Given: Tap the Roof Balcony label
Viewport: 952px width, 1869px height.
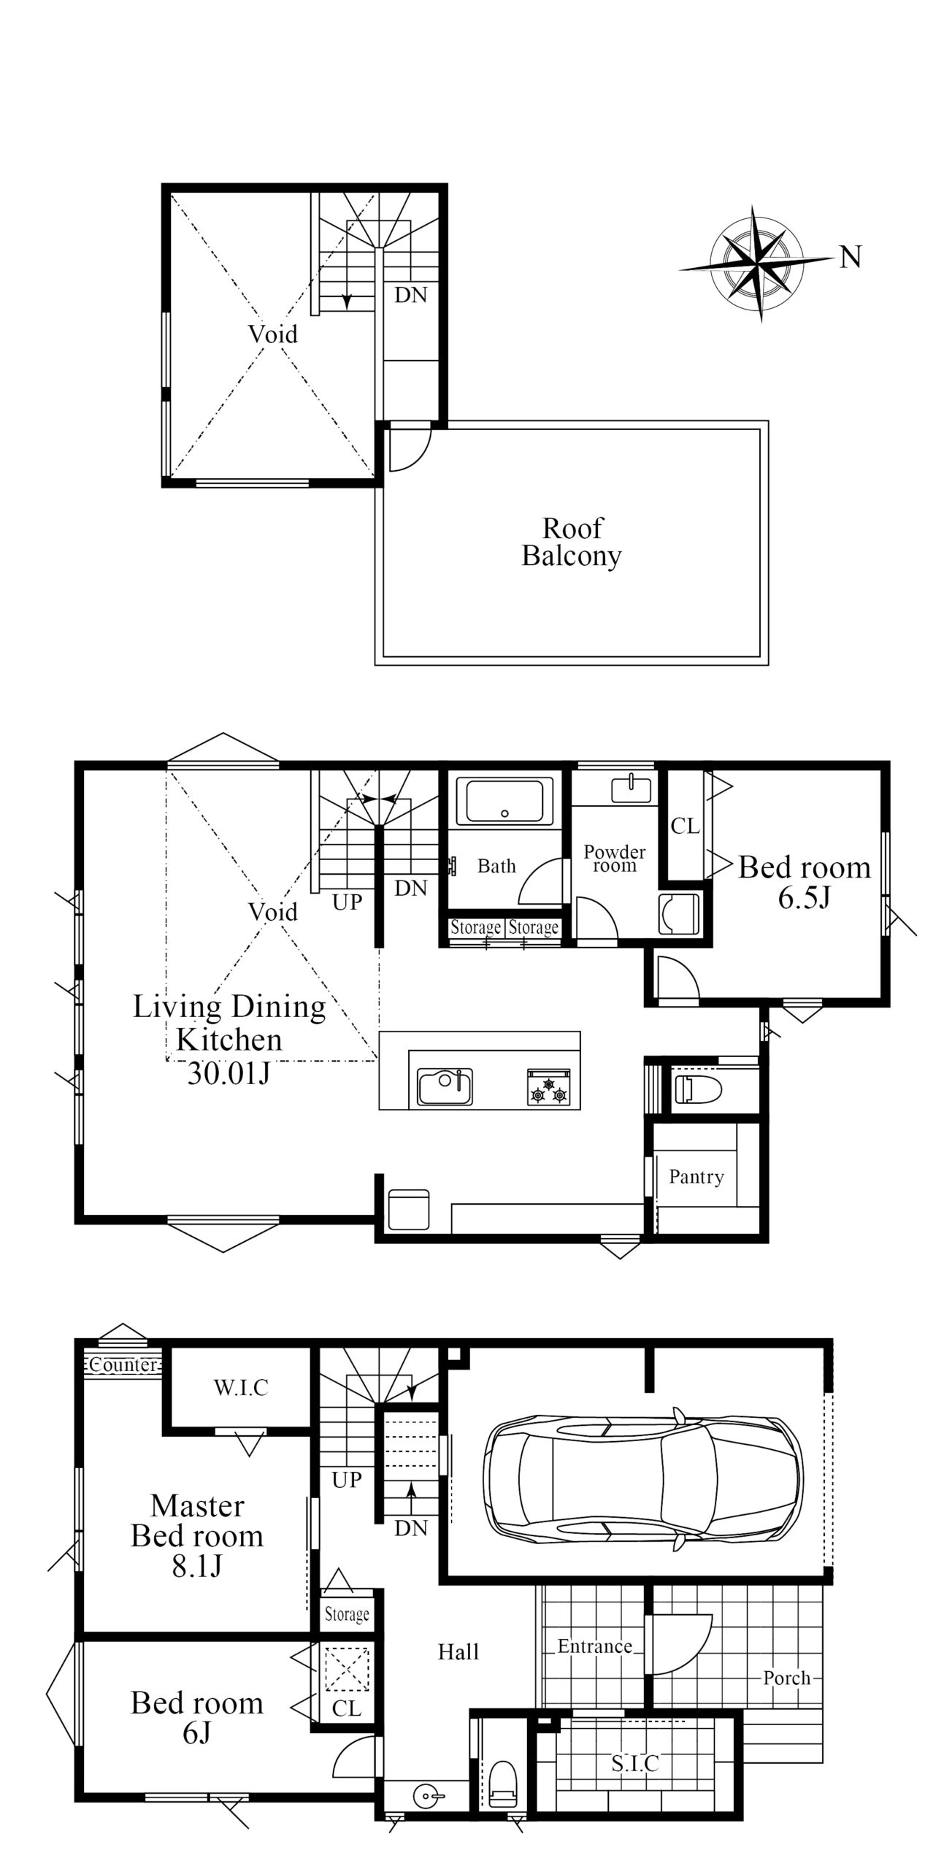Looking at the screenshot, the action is [572, 542].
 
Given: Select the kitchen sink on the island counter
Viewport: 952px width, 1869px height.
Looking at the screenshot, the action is [445, 1086].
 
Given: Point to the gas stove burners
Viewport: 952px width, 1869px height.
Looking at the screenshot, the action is [549, 1086].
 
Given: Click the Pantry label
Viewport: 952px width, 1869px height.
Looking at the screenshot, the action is [696, 1176].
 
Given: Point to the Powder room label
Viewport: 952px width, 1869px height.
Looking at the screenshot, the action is [615, 859].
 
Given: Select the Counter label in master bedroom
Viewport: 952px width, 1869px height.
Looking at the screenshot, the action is [124, 1365].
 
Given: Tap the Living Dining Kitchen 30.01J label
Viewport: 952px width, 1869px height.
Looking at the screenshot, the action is [229, 1040].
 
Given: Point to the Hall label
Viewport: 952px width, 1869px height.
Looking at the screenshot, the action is [458, 1652].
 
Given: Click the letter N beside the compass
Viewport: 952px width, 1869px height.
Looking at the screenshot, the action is [851, 256].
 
